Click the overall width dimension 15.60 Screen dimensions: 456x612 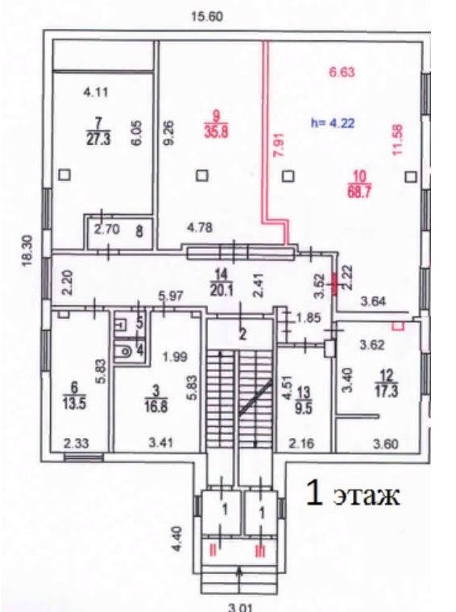207,17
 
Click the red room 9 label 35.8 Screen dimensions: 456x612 216,125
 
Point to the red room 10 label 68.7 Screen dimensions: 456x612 359,184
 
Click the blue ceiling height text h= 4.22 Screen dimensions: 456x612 333,123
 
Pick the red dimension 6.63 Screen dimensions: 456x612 342,72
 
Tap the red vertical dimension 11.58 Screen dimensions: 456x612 398,139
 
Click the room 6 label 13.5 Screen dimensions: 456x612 74,395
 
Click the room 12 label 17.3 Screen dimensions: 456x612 386,384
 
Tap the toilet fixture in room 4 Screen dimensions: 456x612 124,352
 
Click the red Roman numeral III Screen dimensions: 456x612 260,552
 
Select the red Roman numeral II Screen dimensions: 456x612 213,551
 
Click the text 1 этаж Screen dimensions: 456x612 353,494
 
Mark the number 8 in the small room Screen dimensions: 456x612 139,231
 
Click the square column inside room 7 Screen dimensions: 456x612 64,175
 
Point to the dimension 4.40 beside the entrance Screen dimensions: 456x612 176,539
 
